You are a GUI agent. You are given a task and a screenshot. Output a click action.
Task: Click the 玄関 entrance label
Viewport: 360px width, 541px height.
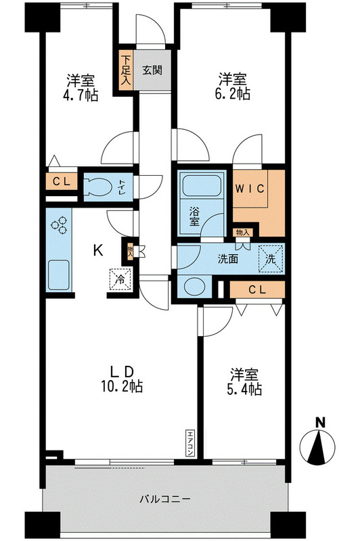(151, 68)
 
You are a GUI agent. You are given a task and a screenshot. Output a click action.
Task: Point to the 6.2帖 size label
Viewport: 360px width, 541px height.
(233, 94)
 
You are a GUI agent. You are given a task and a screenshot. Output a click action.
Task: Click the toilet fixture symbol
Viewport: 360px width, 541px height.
(102, 187)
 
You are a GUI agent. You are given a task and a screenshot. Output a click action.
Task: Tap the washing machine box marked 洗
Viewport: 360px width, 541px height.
(270, 257)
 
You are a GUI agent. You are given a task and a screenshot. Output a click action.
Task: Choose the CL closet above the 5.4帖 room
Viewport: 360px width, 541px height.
(256, 289)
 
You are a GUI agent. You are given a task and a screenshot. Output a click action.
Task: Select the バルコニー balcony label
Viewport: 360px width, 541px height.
(164, 500)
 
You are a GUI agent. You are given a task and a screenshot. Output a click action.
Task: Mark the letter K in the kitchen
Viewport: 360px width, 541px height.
(98, 251)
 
